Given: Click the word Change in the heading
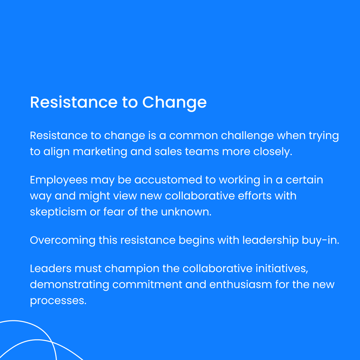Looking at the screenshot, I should point(174,102).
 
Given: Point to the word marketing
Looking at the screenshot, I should point(100,152).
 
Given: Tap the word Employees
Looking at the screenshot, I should point(59,180).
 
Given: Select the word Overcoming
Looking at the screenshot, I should point(62,240).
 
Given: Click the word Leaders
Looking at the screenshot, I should point(50,269).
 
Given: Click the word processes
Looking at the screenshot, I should point(58,301).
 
